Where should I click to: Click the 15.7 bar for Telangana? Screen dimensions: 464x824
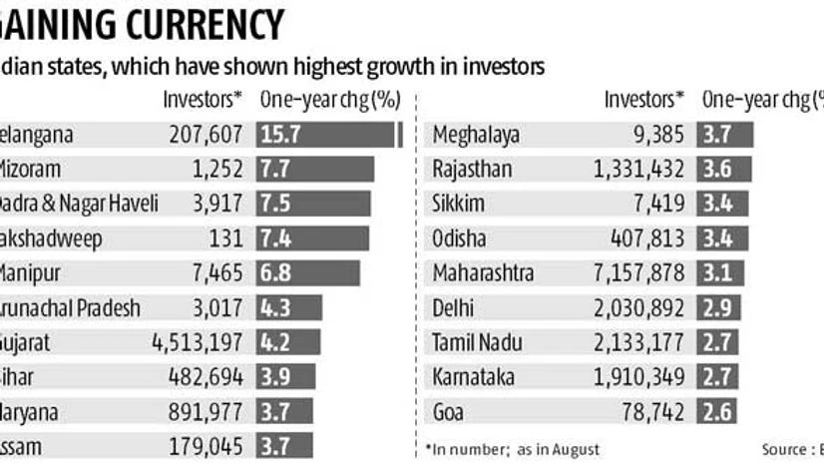tap(328, 135)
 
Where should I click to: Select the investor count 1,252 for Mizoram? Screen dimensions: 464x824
tap(214, 170)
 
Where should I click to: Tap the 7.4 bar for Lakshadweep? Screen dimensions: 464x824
tap(312, 238)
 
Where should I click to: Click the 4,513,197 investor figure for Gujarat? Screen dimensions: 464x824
tap(197, 342)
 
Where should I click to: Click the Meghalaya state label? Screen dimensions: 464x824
tap(477, 135)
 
